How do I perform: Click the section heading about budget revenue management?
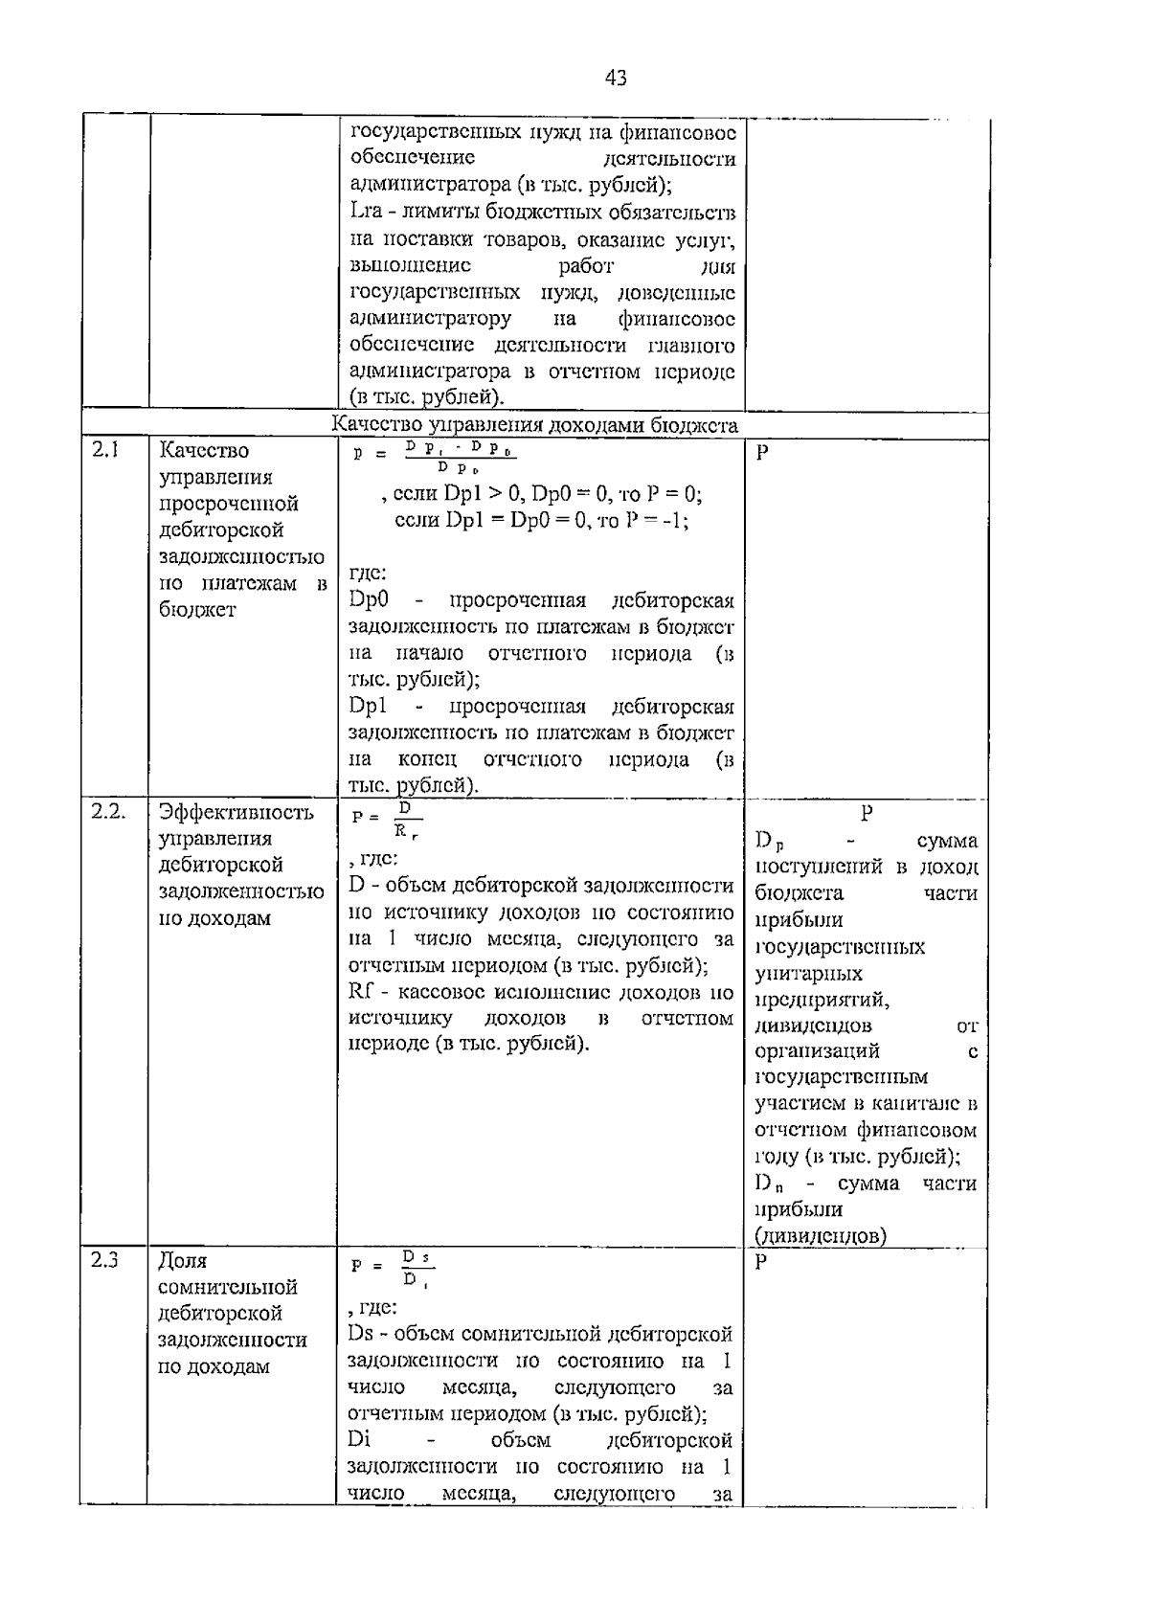coord(535,425)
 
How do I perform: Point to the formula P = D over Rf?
coord(387,822)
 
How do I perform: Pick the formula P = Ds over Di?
coord(390,1268)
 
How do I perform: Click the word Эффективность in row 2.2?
coord(237,813)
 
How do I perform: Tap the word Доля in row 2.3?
coord(183,1261)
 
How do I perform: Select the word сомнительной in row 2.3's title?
coord(228,1287)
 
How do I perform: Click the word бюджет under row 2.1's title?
coord(197,610)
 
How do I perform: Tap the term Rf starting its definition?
coord(361,991)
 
